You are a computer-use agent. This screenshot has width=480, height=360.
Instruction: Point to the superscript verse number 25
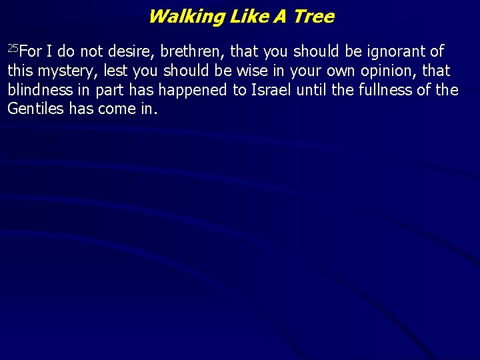[x=13, y=48]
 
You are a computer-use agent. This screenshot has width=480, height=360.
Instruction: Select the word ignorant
[x=393, y=51]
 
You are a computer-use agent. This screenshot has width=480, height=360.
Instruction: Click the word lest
[x=115, y=71]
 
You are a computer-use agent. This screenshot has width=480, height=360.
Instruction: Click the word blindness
[x=39, y=90]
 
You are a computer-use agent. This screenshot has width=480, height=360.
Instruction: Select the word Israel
[x=271, y=90]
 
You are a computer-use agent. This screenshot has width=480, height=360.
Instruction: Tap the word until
[x=313, y=90]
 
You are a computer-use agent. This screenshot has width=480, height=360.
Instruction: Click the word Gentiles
[x=35, y=109]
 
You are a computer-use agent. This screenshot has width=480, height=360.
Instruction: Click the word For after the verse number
[x=32, y=51]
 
